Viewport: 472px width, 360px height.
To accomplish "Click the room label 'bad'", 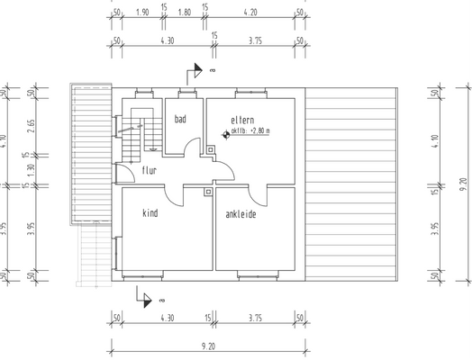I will click(x=180, y=119).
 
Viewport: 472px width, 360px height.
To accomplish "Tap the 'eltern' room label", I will click(x=243, y=120).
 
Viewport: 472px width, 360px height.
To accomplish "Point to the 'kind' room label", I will click(x=150, y=213).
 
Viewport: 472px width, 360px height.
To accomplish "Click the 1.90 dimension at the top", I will click(x=141, y=13).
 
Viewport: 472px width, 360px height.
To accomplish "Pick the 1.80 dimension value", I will click(x=185, y=13).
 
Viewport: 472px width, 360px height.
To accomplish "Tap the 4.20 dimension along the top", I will click(x=251, y=13).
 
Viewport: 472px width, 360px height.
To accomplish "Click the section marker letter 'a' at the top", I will click(x=212, y=69).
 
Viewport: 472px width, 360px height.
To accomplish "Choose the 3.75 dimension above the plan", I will click(x=256, y=40).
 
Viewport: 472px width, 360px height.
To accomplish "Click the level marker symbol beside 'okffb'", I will click(x=223, y=134).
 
